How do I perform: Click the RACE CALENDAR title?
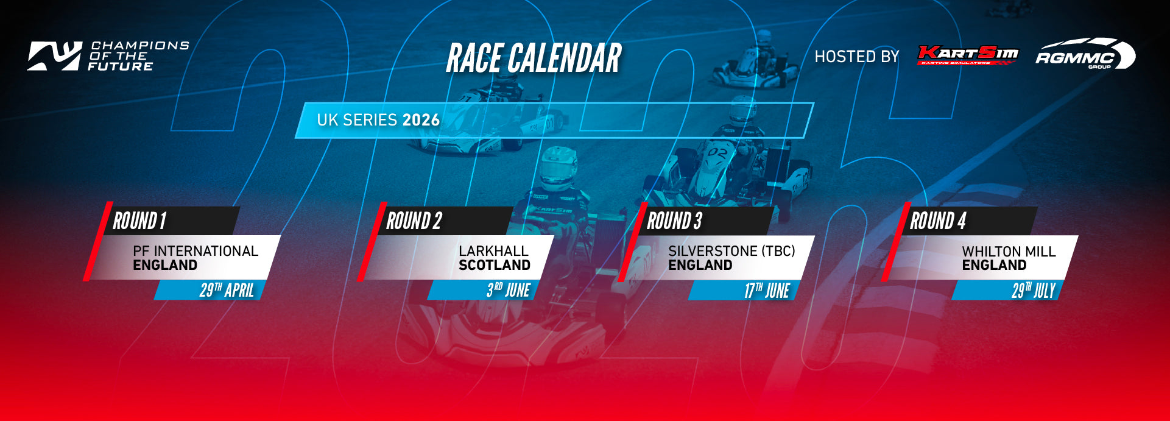[x=534, y=58]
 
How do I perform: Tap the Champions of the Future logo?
[x=108, y=56]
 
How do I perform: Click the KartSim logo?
[x=968, y=55]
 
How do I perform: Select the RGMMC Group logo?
[x=1085, y=54]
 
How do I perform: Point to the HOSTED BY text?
[x=857, y=57]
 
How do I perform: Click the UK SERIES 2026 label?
[x=378, y=120]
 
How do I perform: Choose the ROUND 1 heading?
[x=139, y=221]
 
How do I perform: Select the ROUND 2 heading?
[x=414, y=221]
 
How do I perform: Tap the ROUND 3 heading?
[x=675, y=221]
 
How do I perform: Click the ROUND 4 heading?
[x=938, y=221]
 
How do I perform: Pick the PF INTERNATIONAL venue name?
[x=196, y=251]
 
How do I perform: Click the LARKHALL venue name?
[x=494, y=251]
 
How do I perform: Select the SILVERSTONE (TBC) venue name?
[x=731, y=251]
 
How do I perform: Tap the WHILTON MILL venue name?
[x=1009, y=252]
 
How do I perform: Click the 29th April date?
[x=227, y=290]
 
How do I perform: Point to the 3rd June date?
[x=509, y=290]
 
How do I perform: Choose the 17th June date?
[x=767, y=291]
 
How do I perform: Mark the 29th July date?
[x=1034, y=291]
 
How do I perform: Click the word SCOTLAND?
[x=495, y=265]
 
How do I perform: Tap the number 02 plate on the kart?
[x=717, y=153]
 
